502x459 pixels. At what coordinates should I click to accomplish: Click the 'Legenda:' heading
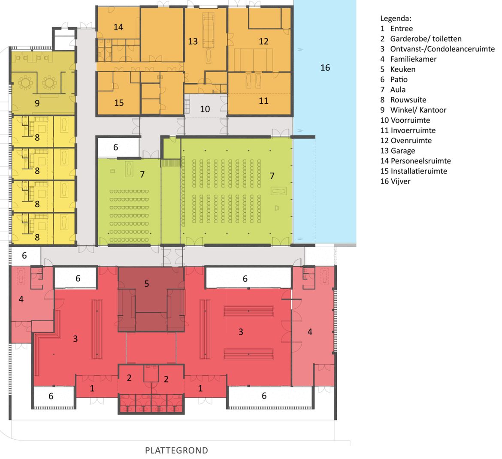pyautogui.click(x=396, y=18)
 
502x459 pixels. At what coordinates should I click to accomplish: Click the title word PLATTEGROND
pyautogui.click(x=176, y=450)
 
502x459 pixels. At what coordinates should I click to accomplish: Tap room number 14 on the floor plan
pyautogui.click(x=118, y=27)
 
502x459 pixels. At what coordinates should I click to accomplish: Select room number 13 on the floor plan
pyautogui.click(x=193, y=41)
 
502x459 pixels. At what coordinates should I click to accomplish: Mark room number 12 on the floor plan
pyautogui.click(x=263, y=41)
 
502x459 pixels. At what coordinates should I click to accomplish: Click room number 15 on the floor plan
pyautogui.click(x=119, y=103)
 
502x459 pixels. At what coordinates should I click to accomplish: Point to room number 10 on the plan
pyautogui.click(x=205, y=109)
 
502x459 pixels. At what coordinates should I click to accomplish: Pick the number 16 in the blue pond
pyautogui.click(x=325, y=68)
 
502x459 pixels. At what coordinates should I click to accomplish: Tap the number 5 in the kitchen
pyautogui.click(x=147, y=284)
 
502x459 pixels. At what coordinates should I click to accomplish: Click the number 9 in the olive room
pyautogui.click(x=37, y=103)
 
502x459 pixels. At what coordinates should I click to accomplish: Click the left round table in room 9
pyautogui.click(x=25, y=83)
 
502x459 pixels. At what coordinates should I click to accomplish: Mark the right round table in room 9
pyautogui.click(x=49, y=83)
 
